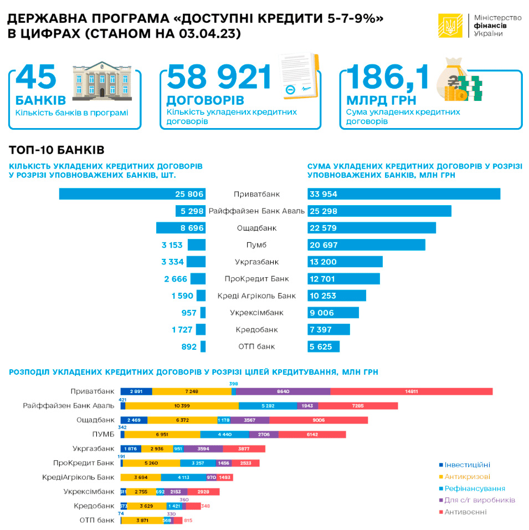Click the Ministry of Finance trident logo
point(450,26)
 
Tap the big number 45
point(37,77)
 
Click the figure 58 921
point(220,77)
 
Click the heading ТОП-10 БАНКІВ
point(57,150)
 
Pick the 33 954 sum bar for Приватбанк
point(403,194)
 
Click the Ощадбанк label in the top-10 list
point(256,228)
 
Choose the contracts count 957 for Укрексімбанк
point(189,313)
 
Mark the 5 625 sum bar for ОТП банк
point(323,346)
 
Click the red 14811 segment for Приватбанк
point(411,391)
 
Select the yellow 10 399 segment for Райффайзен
point(182,406)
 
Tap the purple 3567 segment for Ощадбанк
point(249,420)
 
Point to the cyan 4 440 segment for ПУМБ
point(224,434)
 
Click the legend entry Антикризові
point(464,476)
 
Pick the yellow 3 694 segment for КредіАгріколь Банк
point(140,477)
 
